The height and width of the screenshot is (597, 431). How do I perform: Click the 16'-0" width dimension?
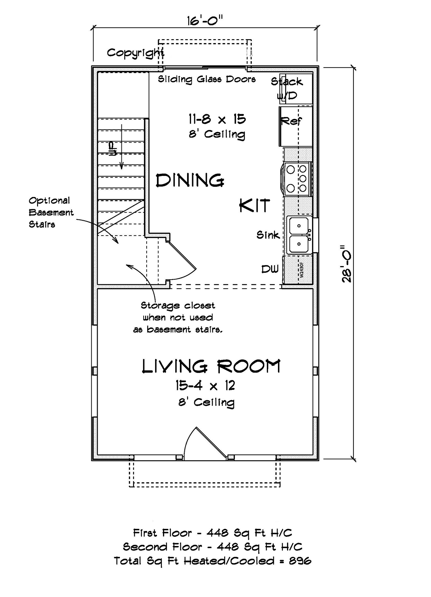205,21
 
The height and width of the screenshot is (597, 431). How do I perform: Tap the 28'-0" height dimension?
347,264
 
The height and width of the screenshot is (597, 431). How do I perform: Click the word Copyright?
135,53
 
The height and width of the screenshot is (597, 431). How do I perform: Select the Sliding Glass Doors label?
207,79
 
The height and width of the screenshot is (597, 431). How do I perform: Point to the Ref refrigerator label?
291,121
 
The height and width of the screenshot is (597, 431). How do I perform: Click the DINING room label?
190,181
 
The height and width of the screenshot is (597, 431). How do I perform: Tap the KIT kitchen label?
254,205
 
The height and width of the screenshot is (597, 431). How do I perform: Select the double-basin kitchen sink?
299,235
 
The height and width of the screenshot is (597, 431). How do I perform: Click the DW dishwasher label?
270,269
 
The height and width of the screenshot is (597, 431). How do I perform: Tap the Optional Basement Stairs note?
51,213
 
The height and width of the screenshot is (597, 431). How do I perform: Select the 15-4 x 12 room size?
205,386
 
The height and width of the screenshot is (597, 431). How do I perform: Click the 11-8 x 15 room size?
217,119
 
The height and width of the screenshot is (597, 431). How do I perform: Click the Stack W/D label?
287,88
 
